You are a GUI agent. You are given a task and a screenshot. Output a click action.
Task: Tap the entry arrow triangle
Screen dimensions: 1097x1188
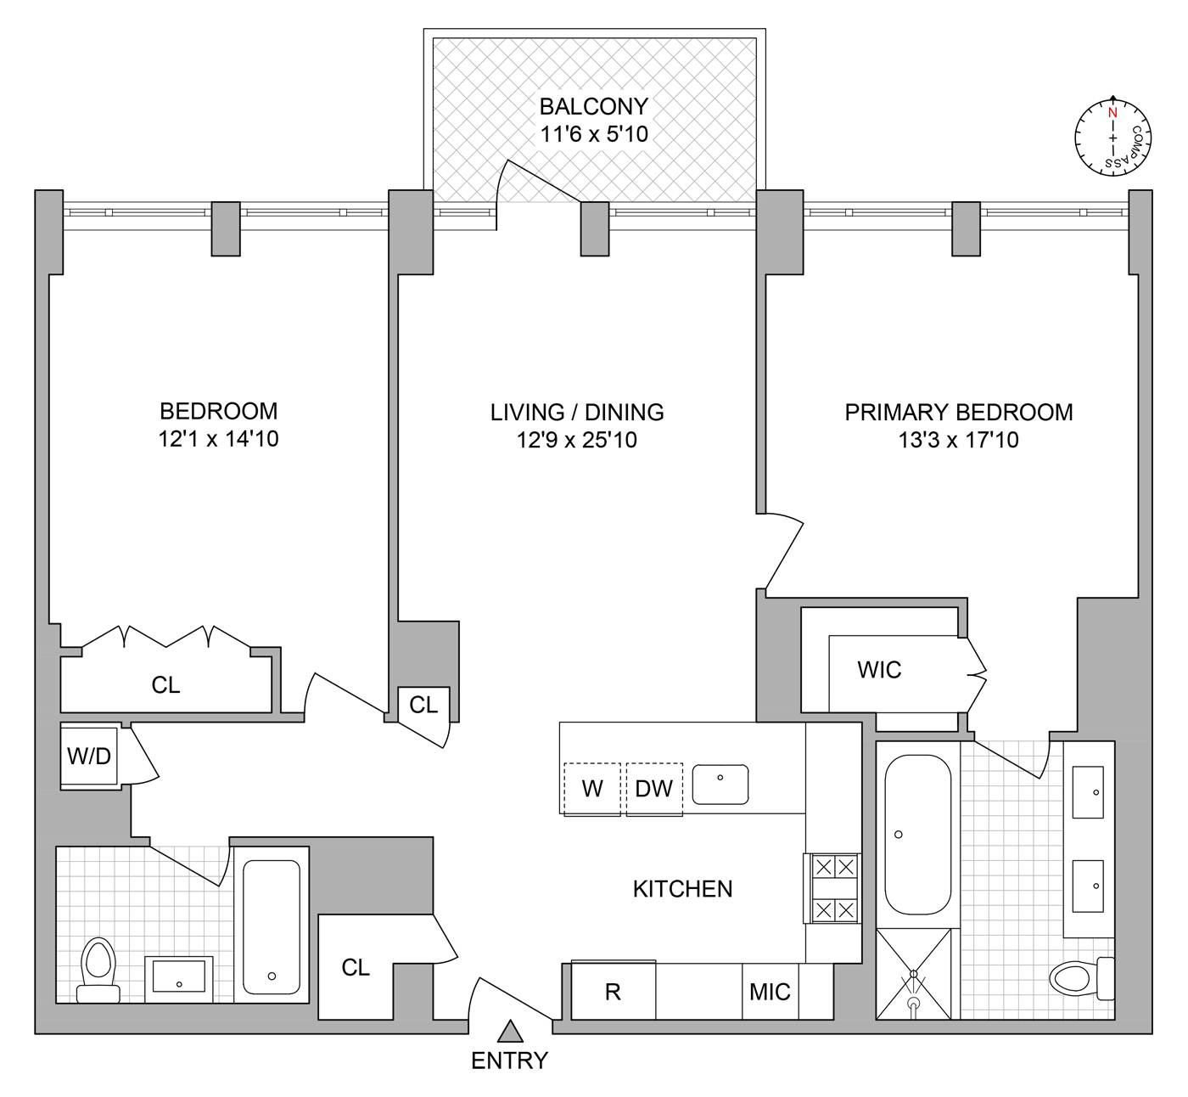pos(509,1032)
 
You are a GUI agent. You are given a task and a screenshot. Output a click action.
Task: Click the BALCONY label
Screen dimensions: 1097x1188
pos(594,106)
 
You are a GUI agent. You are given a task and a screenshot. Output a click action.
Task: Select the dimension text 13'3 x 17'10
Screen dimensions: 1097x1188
pos(959,440)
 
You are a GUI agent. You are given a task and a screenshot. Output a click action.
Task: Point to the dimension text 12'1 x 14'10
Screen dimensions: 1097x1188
pos(218,439)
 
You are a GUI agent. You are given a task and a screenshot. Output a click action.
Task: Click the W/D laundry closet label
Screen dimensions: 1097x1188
pos(89,756)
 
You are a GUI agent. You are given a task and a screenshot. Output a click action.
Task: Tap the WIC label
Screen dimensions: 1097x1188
pos(879,670)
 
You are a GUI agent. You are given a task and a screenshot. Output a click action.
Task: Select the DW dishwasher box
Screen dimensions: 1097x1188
pos(654,789)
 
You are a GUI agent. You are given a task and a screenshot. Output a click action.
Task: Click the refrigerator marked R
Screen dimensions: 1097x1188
pos(613,991)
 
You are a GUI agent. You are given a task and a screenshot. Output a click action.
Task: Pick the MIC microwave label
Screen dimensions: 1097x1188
pos(770,991)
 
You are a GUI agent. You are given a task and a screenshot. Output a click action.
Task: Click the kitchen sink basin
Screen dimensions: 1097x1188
pos(720,784)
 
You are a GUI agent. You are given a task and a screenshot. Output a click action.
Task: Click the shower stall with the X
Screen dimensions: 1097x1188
pos(913,974)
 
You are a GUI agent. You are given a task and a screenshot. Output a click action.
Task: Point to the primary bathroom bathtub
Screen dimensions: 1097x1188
pos(917,835)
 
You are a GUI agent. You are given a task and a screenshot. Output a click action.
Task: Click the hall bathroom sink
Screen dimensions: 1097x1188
pos(178,976)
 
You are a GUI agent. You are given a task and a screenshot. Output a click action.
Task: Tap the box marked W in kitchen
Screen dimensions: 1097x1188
pos(592,789)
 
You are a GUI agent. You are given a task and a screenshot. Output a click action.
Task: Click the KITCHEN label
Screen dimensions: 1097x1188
pos(682,889)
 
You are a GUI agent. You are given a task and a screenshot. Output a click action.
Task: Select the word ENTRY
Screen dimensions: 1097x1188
pos(509,1060)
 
